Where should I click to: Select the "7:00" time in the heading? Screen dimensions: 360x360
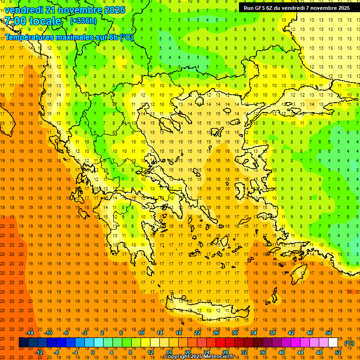coord(15,21)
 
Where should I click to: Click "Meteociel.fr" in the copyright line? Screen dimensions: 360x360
coord(226,357)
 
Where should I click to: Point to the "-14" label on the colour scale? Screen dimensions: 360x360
coord(30,333)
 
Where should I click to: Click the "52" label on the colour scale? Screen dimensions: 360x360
coord(338,352)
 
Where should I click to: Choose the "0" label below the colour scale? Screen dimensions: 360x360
coord(93,352)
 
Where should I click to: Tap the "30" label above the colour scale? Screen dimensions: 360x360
coord(235,333)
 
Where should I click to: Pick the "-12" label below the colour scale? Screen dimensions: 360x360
coord(39,352)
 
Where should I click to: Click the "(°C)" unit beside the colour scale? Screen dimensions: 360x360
coord(349,343)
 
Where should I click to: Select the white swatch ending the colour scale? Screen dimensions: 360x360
coord(333,343)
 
